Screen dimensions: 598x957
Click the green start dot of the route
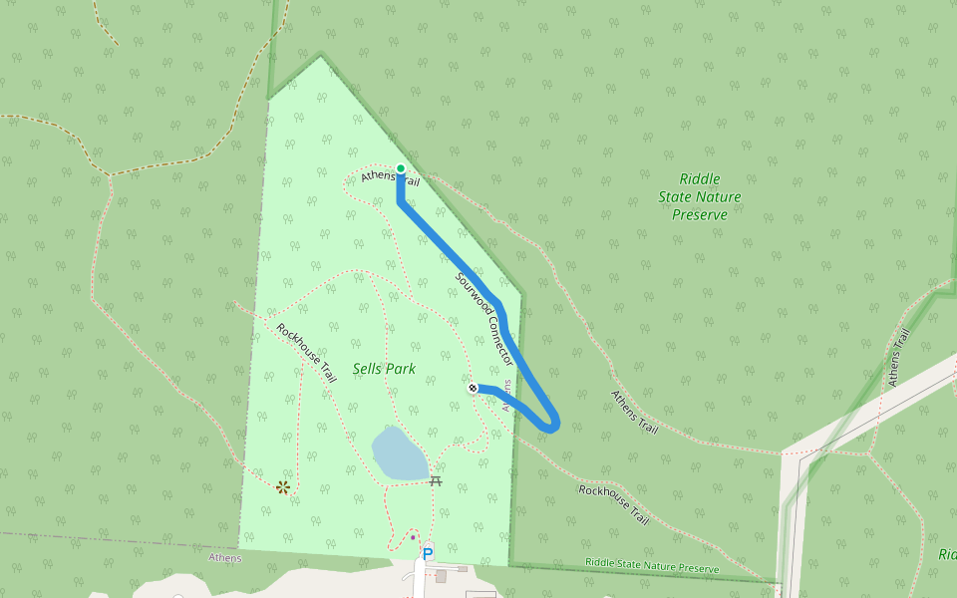401,168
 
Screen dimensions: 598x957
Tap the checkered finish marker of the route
473,387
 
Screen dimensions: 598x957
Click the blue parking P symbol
428,553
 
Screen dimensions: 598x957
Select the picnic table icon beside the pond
436,480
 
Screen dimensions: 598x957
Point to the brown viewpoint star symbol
284,486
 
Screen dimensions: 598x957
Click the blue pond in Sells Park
400,454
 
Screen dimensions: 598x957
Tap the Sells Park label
384,369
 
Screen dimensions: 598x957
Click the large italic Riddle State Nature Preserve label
699,196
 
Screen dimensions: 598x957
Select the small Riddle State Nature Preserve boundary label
652,566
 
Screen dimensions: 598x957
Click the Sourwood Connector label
484,319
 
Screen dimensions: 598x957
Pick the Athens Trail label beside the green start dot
390,178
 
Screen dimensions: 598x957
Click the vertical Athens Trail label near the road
898,357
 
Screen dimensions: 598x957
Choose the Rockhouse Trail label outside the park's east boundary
614,505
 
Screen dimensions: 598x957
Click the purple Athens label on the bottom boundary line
224,558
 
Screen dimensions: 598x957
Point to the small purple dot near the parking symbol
413,537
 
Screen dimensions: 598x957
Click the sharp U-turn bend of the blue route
553,425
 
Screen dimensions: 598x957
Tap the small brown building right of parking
441,576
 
